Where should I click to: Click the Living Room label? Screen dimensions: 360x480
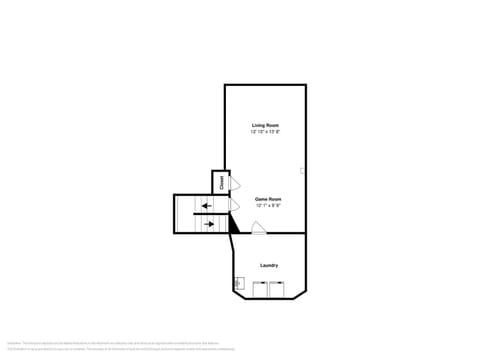coord(265,125)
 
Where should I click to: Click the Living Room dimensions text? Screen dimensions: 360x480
coord(265,132)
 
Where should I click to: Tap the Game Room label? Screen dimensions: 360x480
coord(268,198)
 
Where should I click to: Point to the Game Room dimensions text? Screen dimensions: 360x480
coord(268,205)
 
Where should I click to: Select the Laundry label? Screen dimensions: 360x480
coord(269,265)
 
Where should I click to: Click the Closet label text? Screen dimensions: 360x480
coord(220,181)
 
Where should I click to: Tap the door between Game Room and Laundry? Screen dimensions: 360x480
coord(258,228)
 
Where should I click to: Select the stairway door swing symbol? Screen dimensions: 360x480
coord(234,205)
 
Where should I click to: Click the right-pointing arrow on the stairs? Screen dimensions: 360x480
coord(210,224)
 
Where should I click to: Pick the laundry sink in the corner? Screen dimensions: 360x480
coord(238,284)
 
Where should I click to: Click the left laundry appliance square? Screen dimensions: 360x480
coord(259,290)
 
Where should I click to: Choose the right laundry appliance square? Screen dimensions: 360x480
coord(277,290)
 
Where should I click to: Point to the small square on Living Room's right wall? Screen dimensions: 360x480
coord(302,171)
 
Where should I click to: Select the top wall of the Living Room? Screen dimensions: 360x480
coord(265,85)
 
